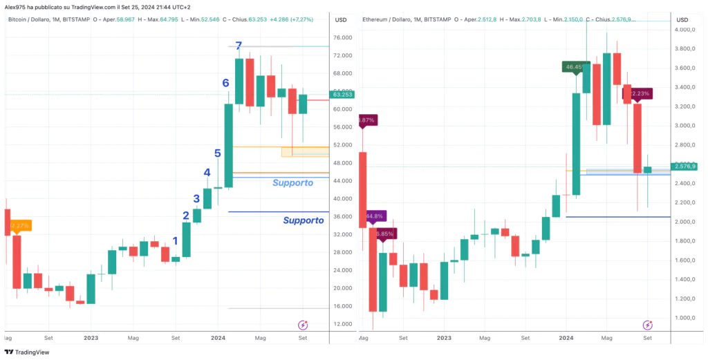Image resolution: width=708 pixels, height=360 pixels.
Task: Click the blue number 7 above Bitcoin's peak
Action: (238, 46)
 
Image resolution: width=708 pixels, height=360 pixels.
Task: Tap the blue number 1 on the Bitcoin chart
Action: (175, 241)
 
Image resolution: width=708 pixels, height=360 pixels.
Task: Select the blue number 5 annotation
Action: (217, 153)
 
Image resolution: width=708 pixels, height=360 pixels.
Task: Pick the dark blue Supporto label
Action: (304, 220)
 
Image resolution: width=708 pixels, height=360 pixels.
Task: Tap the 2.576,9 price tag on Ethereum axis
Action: (683, 167)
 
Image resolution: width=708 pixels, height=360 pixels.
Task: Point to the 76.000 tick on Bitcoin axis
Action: (340, 37)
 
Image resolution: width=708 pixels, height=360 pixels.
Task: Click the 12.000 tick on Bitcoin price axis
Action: (340, 324)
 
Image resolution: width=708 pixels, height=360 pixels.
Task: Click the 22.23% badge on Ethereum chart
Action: (639, 94)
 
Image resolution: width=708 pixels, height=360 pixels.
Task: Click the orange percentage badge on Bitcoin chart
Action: (19, 225)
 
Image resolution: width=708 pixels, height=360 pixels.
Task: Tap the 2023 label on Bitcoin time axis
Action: (92, 339)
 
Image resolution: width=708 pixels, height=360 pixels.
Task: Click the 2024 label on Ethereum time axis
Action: (566, 339)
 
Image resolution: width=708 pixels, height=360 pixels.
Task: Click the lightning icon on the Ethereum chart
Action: (648, 325)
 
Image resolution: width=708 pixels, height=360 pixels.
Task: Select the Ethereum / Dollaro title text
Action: (386, 19)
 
